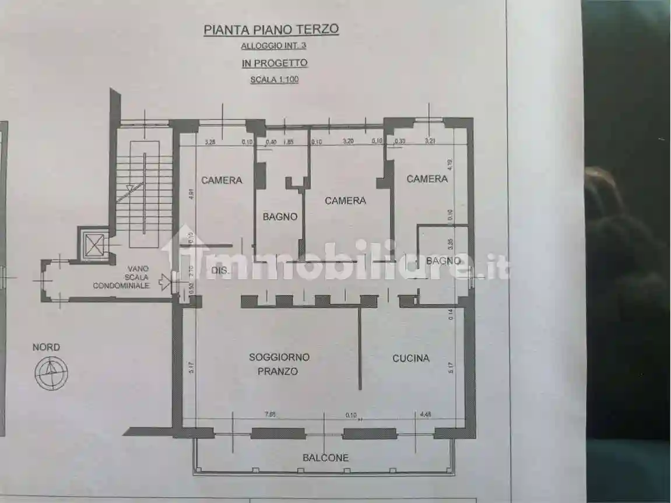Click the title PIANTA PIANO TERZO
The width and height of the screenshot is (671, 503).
coord(271,30)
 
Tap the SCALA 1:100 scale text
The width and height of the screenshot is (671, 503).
coord(274,80)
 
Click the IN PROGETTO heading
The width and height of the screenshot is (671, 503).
coord(274,63)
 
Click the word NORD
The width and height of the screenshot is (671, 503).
coord(46,347)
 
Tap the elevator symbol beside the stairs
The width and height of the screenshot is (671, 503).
coord(94,242)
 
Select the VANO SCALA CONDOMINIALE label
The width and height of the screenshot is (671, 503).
coord(121,277)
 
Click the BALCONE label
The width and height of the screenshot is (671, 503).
coord(325,458)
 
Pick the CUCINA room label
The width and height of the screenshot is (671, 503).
coord(410,358)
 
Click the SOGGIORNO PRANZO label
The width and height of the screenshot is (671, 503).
coord(279,364)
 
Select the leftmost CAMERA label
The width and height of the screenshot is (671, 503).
coord(222,180)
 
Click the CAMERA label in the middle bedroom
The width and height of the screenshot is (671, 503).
coord(345,201)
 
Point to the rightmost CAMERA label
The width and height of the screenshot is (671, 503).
coord(427,179)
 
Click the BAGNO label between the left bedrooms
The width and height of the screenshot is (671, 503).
coord(280,217)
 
